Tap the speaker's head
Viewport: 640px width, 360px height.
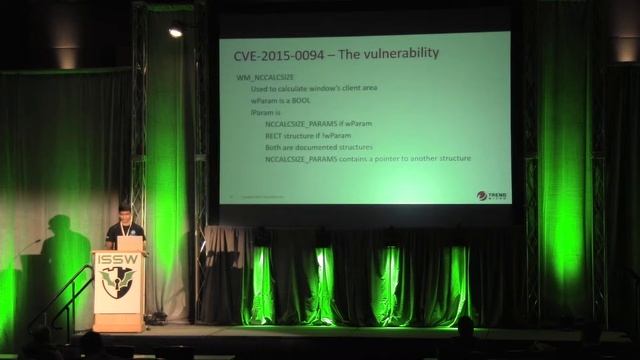124,213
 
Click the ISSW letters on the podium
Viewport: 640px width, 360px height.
118,259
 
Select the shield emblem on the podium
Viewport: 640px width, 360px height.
118,281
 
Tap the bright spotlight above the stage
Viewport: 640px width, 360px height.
176,32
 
